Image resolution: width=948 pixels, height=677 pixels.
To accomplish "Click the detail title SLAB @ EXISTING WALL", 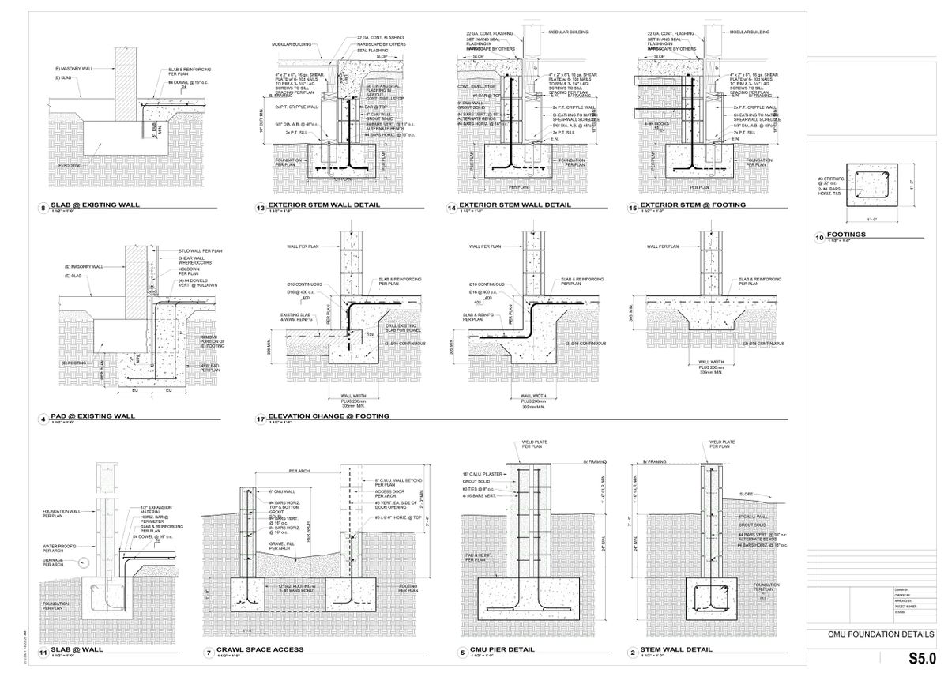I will coord(95,205).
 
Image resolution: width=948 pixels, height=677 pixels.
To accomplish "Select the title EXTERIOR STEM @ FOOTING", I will coord(693,205).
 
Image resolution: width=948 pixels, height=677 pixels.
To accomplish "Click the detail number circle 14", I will coord(452,209).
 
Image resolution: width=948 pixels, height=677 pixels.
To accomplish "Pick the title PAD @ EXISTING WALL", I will coord(92,416).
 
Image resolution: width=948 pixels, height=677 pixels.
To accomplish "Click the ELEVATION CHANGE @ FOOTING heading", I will coord(329,416).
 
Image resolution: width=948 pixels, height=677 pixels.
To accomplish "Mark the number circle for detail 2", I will coord(633,653).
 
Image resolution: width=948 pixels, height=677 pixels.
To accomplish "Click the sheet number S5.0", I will coord(921,658).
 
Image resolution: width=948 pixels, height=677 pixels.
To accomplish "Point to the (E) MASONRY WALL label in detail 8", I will coord(74,69).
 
